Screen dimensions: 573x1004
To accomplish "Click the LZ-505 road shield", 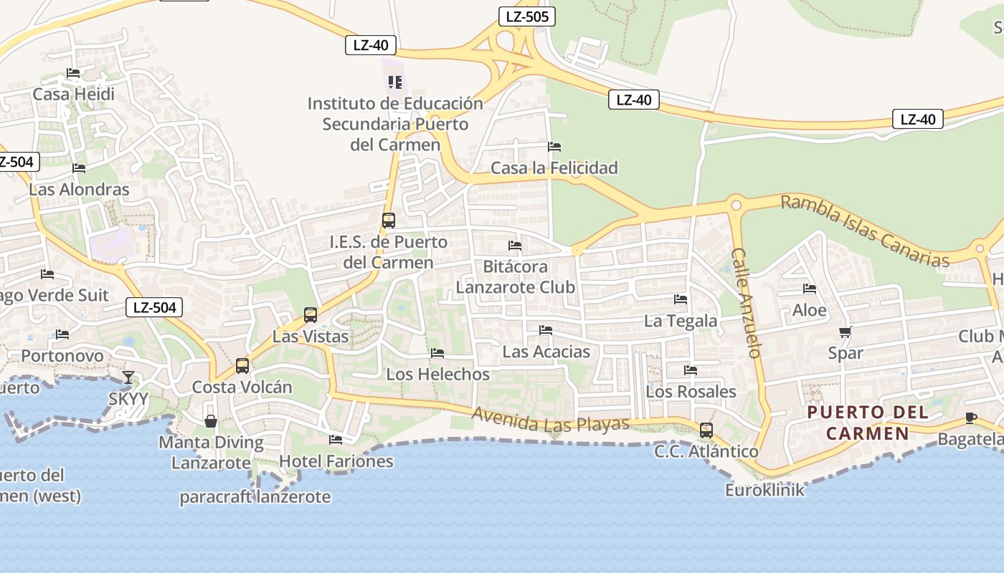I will tap(527, 16).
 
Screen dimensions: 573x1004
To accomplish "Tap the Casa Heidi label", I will tap(73, 94).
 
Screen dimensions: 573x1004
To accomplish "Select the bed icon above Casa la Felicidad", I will tap(554, 147).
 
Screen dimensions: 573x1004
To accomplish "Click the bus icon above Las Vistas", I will tap(311, 314).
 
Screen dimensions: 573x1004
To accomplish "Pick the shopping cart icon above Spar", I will tap(846, 332).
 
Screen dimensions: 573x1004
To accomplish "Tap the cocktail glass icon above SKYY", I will tap(128, 377).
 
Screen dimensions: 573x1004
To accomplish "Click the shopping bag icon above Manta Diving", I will tap(211, 421).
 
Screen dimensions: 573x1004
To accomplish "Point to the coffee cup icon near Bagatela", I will tap(971, 418).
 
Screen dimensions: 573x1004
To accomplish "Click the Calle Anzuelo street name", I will tap(746, 302).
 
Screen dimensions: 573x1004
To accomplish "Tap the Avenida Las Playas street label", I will tap(551, 420).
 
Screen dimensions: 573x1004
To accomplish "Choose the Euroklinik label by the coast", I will tap(764, 491).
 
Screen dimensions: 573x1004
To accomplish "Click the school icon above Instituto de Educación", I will tap(394, 82).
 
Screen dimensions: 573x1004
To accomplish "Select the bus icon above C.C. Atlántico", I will tap(706, 430).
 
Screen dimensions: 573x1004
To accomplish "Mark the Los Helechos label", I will tap(437, 374).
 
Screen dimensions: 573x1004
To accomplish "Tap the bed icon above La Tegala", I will tap(681, 299).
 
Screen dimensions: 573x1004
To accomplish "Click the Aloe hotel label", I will tap(809, 310).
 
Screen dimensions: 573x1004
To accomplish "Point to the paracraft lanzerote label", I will tap(255, 496).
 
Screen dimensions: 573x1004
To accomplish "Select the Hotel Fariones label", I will tap(336, 461).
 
